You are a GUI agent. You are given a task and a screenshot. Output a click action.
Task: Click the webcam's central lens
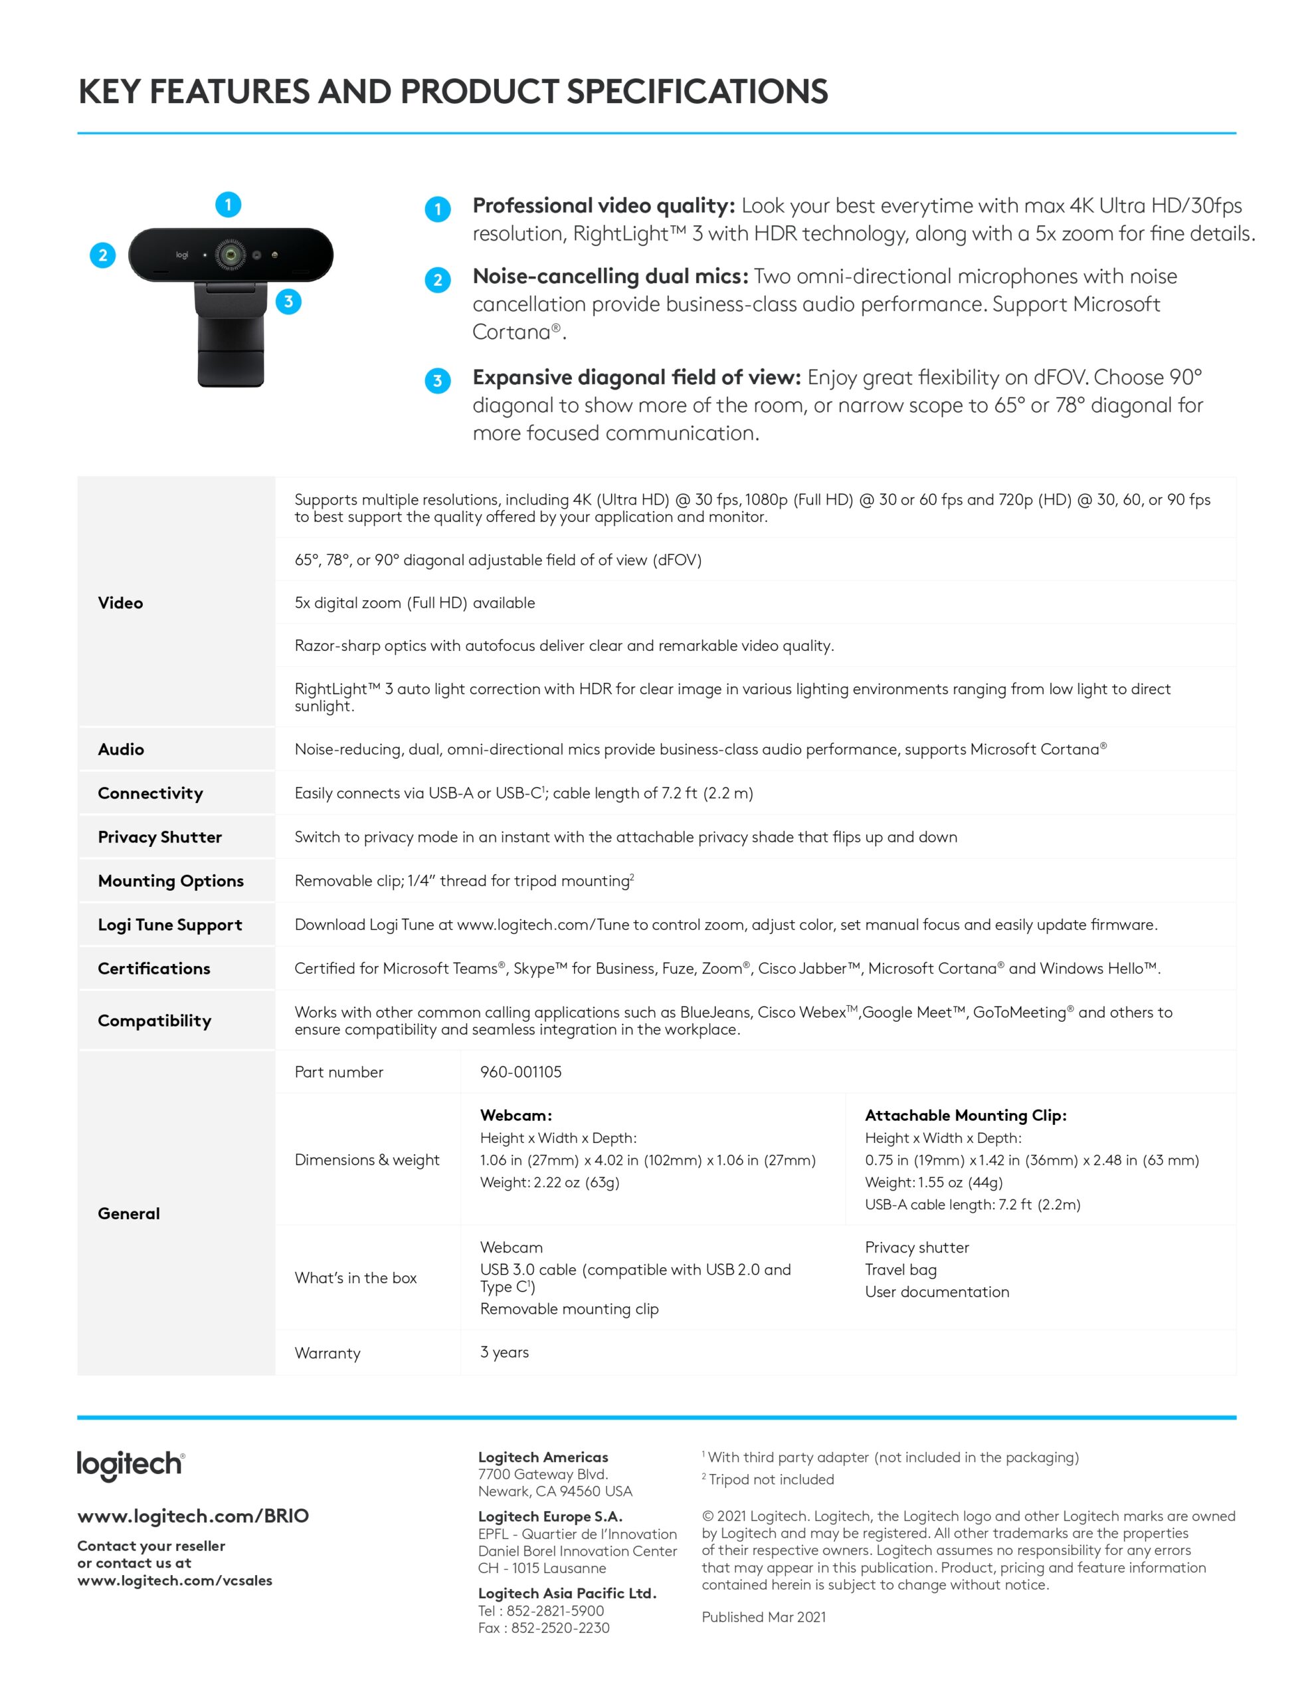tap(231, 255)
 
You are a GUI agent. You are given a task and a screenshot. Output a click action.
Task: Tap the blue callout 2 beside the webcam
tap(103, 255)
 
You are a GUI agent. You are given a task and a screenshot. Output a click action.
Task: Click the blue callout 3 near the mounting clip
tap(288, 302)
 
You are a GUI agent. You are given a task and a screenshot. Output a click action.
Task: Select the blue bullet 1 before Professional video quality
tap(438, 209)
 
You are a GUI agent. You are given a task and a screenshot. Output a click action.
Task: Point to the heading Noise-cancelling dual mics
tap(610, 276)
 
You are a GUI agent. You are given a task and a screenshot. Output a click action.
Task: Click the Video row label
tap(121, 602)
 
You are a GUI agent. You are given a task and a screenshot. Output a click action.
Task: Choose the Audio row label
tap(121, 749)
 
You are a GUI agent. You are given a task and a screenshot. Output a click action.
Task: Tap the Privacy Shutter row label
tap(159, 837)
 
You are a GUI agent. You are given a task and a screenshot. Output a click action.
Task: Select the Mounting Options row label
tap(171, 881)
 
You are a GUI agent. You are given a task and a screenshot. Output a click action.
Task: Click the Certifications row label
tap(154, 969)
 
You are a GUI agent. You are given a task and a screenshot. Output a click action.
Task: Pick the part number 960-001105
tap(520, 1072)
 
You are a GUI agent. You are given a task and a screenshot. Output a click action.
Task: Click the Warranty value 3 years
tap(504, 1352)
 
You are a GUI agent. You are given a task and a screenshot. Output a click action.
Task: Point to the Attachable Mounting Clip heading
tap(965, 1115)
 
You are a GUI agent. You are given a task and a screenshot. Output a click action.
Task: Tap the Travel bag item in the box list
tap(900, 1269)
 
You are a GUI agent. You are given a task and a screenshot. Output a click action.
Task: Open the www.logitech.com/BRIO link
tap(193, 1516)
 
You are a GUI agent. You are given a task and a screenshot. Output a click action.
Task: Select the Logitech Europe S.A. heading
tap(550, 1517)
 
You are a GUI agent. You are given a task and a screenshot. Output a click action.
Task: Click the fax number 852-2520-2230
tap(560, 1628)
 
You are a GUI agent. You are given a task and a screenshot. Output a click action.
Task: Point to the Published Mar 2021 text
tap(763, 1617)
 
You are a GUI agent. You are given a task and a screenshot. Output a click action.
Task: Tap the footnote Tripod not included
tap(771, 1479)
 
